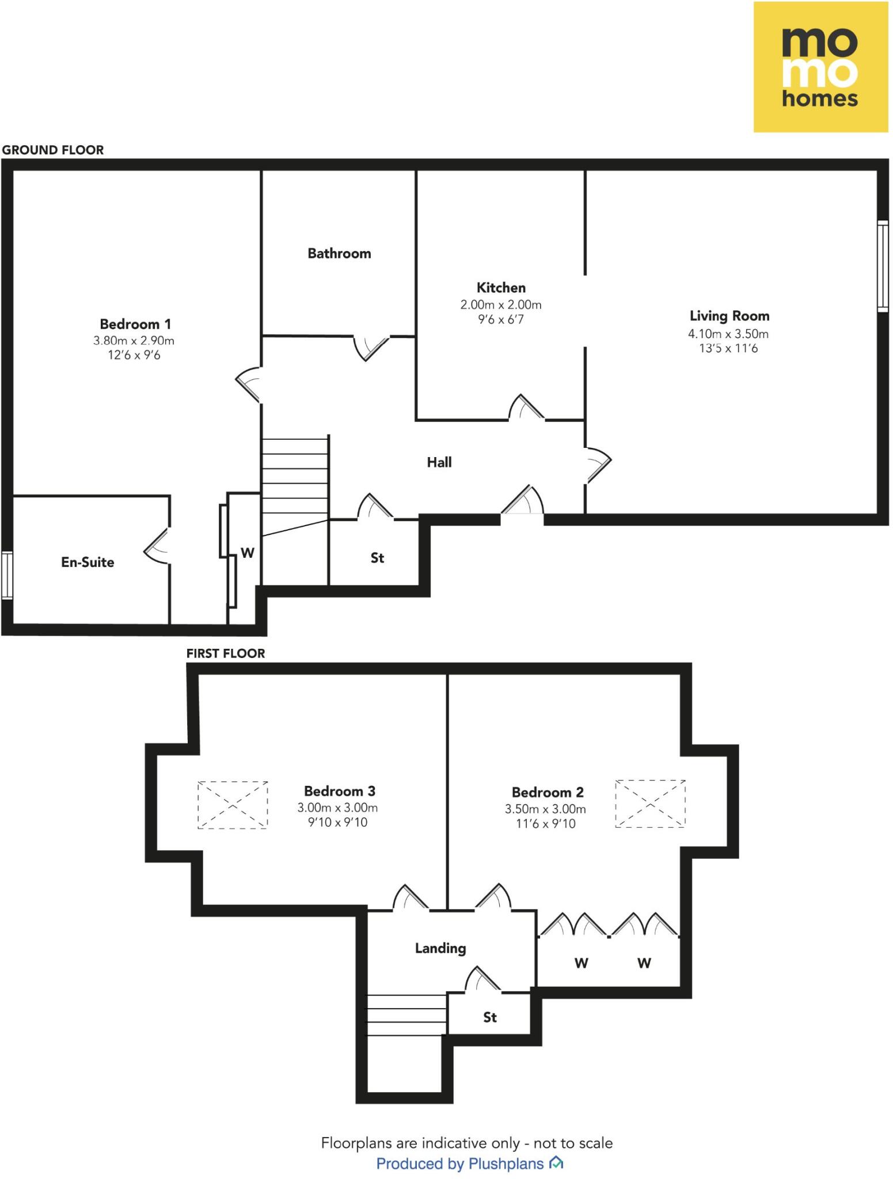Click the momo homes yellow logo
pos(820,67)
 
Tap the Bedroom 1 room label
pos(135,324)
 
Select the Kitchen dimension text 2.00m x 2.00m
pos(500,305)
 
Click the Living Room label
pos(729,316)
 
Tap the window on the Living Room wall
pos(882,266)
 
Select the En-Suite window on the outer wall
pos(6,575)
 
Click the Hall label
pos(439,462)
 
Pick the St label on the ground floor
pos(377,558)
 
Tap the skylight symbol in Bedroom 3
pos(233,805)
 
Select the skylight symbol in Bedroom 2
pos(650,804)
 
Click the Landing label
pos(440,948)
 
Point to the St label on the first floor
pos(489,1018)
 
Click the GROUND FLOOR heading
pos(53,150)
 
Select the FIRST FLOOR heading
pos(226,653)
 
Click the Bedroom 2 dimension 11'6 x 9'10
pos(545,824)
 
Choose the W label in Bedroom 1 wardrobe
pos(248,553)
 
